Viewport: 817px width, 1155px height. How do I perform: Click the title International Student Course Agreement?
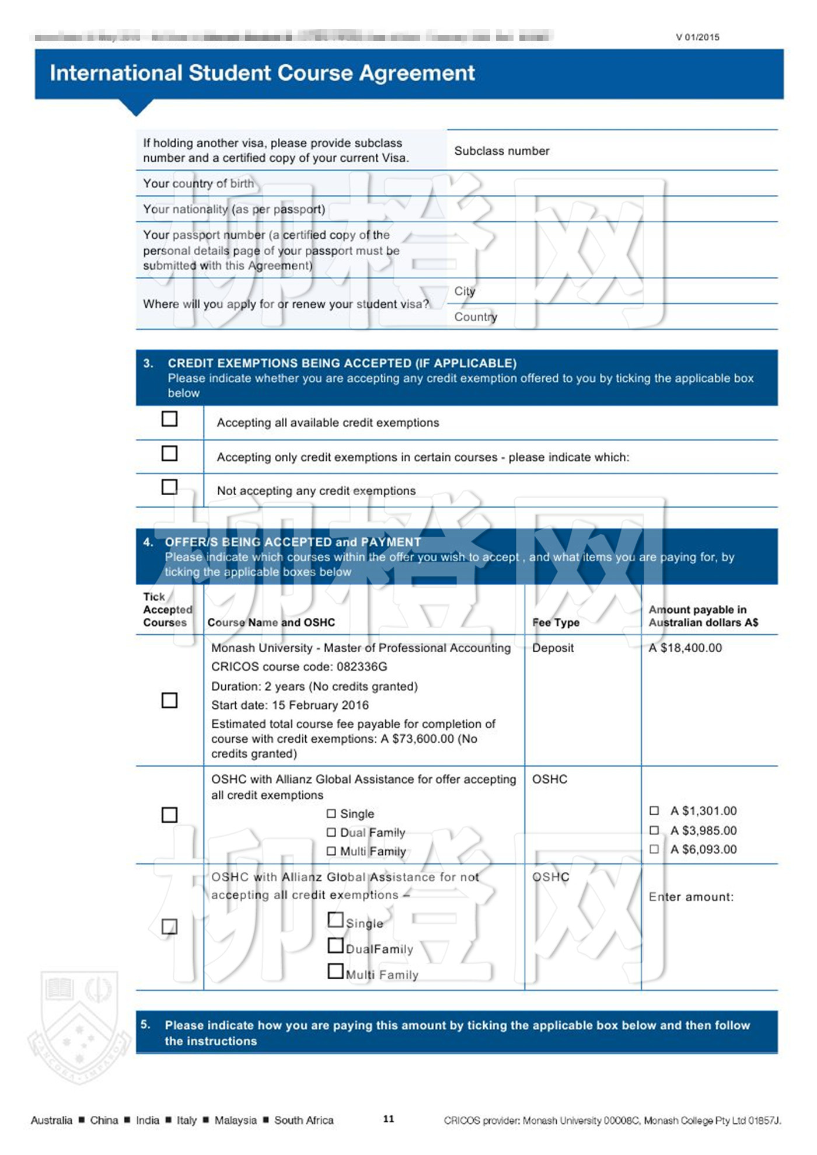(x=262, y=73)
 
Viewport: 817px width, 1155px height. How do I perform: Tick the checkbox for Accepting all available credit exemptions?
(x=169, y=419)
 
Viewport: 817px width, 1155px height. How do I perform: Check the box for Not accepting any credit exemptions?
(x=169, y=487)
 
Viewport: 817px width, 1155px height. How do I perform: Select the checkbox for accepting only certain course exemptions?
(x=169, y=453)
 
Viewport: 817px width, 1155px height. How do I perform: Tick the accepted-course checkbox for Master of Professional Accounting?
(x=169, y=700)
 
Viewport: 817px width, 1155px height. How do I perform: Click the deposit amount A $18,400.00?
(x=685, y=648)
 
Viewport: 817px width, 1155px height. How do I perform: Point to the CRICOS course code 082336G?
(x=362, y=666)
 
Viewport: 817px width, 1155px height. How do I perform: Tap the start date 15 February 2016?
(x=320, y=705)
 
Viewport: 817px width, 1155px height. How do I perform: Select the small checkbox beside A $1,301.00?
(x=654, y=810)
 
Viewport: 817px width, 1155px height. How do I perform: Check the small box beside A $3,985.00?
(x=654, y=830)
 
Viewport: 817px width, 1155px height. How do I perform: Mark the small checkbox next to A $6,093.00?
(x=654, y=849)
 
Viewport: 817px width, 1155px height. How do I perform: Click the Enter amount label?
(x=691, y=897)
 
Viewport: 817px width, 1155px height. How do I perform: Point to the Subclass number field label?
(x=502, y=151)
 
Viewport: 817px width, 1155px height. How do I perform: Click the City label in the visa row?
(x=465, y=291)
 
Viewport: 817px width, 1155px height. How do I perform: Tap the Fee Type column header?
(x=556, y=622)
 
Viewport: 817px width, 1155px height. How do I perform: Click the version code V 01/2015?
(x=697, y=37)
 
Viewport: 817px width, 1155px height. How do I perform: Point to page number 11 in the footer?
(x=389, y=1119)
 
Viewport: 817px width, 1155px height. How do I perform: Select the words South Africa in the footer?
(x=303, y=1120)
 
